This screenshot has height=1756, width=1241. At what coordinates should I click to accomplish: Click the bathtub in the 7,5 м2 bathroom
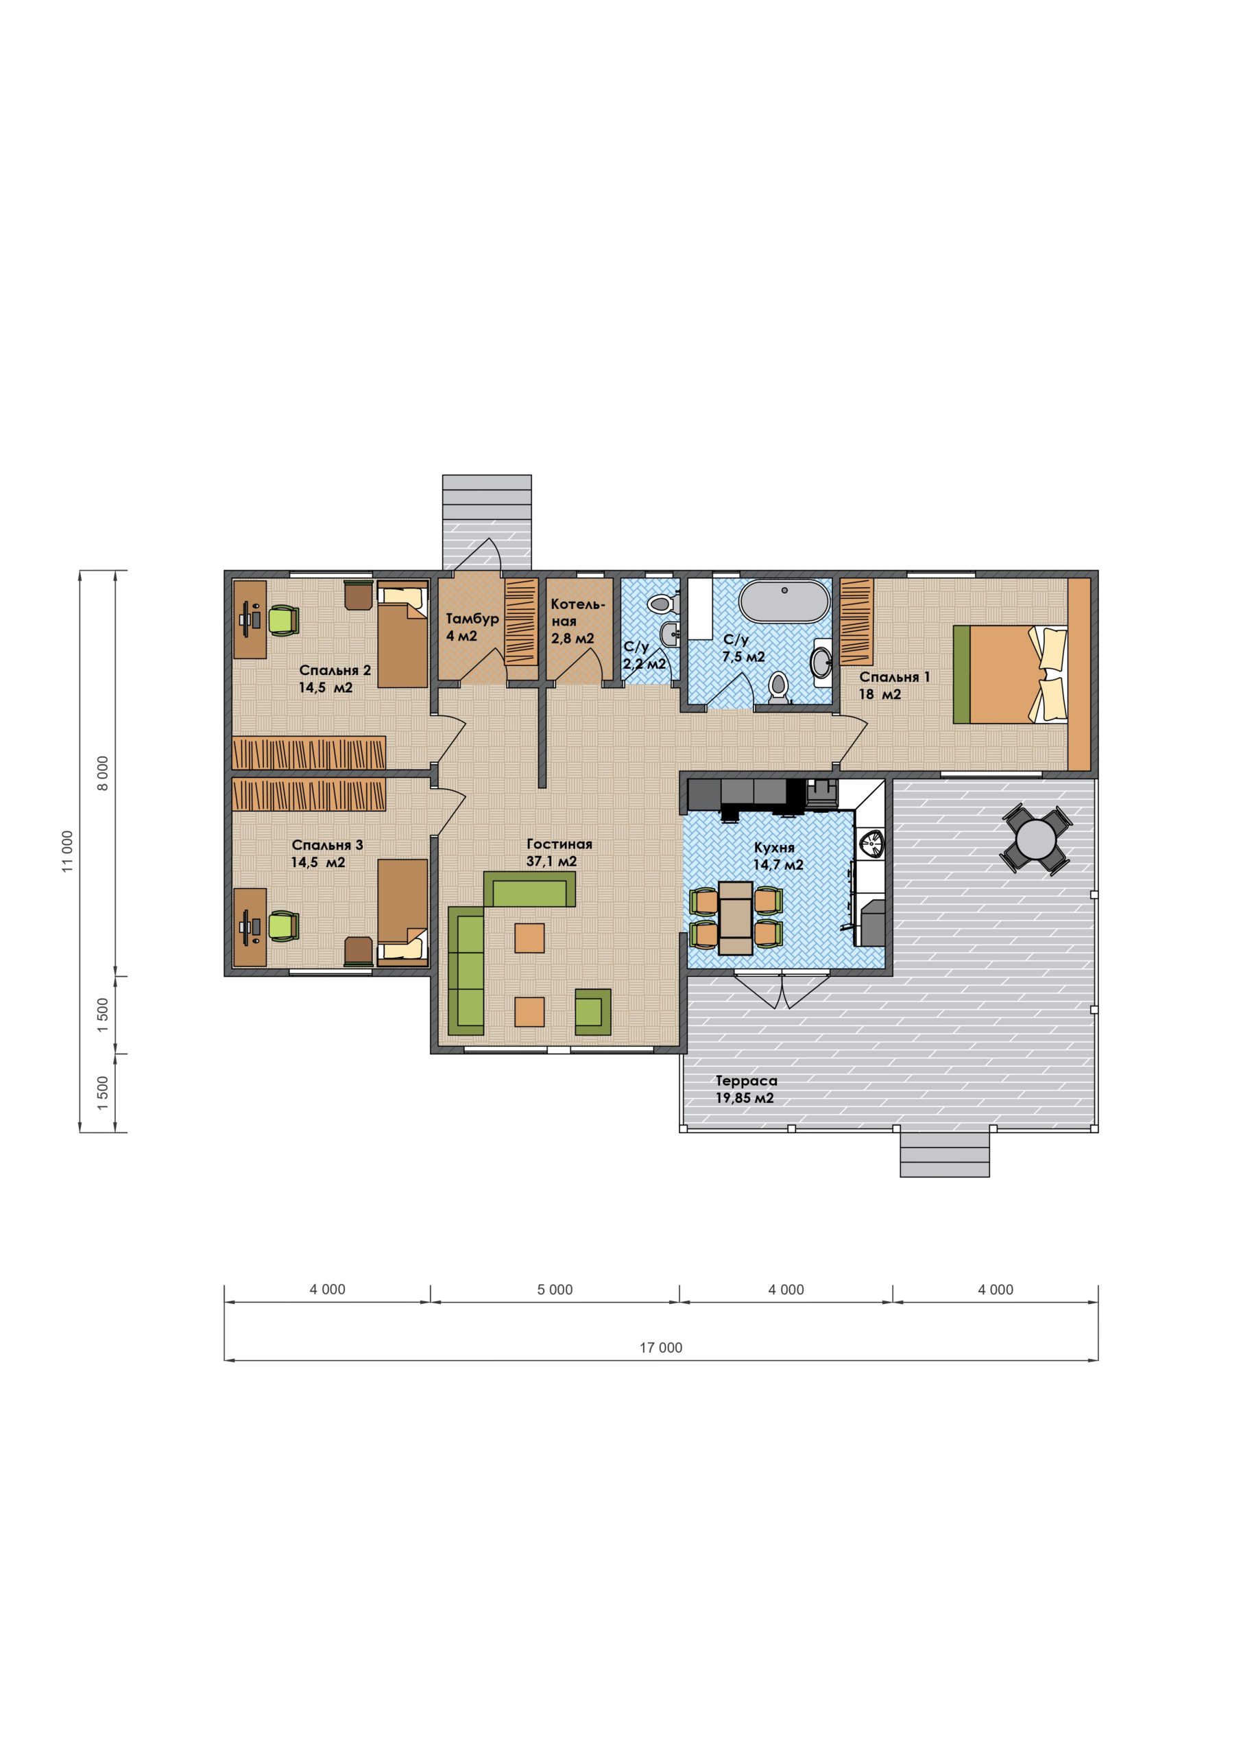[x=784, y=601]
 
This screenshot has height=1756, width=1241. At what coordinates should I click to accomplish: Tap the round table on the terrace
[x=1037, y=838]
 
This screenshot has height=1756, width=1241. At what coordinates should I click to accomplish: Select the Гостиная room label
[x=559, y=844]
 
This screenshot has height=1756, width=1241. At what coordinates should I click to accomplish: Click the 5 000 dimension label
[x=555, y=1290]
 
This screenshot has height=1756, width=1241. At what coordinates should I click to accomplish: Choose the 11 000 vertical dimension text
[x=69, y=851]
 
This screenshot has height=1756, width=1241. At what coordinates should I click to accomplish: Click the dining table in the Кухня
[x=736, y=918]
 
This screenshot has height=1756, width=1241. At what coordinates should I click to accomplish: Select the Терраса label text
[x=746, y=1080]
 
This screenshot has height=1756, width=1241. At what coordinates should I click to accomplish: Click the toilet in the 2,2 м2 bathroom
[x=662, y=604]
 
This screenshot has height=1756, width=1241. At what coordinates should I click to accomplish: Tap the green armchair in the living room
[x=592, y=1012]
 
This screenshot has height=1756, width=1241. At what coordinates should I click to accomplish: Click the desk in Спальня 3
[x=250, y=927]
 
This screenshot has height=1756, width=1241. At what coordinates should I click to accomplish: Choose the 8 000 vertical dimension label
[x=104, y=772]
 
